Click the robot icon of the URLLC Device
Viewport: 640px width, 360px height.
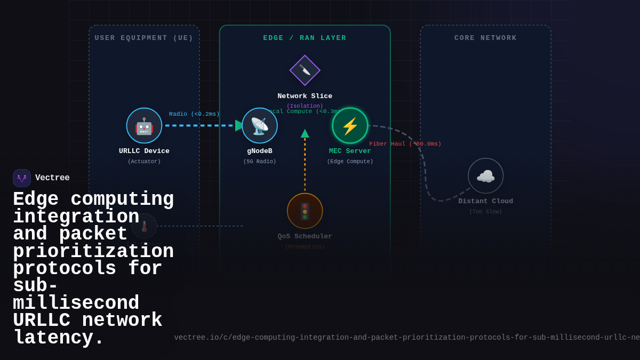pos(144,126)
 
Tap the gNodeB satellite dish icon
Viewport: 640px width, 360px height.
pos(260,126)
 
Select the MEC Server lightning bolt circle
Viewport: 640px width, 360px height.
pos(350,126)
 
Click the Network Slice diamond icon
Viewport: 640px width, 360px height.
pos(305,70)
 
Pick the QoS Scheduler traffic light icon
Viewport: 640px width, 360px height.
pos(305,211)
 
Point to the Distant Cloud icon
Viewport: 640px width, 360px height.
pos(485,176)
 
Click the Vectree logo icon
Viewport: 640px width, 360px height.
pos(22,178)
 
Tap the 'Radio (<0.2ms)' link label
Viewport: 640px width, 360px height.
pos(194,114)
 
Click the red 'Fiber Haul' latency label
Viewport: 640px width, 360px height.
pos(405,144)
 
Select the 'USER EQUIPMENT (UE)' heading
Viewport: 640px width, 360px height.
pos(144,38)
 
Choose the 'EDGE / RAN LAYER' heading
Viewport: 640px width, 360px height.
pos(305,38)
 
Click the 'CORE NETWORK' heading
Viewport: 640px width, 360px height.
pos(485,38)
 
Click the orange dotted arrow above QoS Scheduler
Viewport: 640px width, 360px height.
pos(305,163)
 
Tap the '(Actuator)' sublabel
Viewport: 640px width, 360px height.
pos(144,162)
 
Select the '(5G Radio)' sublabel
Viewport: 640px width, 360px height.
pos(260,162)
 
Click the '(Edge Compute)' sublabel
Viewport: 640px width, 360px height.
pos(350,162)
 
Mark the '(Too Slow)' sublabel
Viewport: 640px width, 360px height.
pos(485,212)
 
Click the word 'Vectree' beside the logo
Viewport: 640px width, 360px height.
pos(52,178)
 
